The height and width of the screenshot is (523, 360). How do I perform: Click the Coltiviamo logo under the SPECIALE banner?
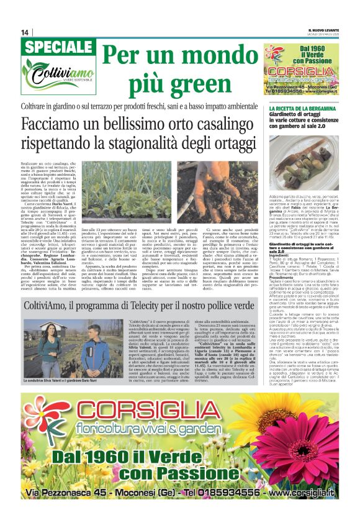tap(56, 78)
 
